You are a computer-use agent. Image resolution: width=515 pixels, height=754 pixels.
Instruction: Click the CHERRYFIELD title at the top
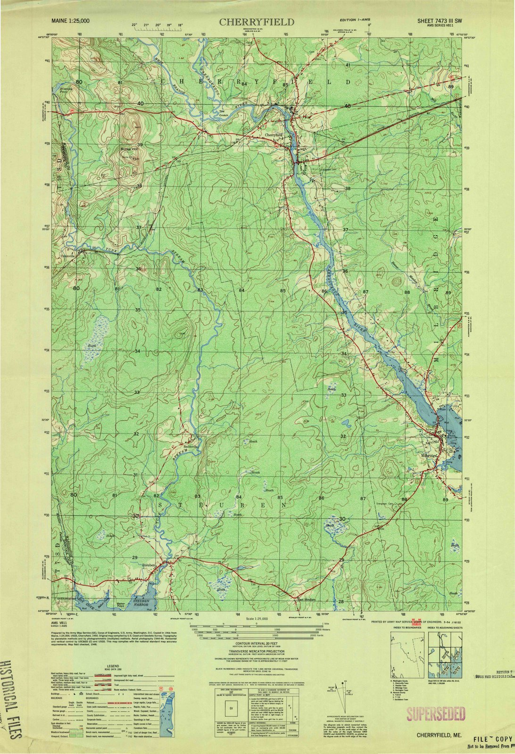257,22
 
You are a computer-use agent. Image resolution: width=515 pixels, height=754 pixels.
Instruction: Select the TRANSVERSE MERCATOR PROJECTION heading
258,652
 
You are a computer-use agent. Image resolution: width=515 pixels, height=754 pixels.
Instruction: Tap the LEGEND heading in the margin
102,662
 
